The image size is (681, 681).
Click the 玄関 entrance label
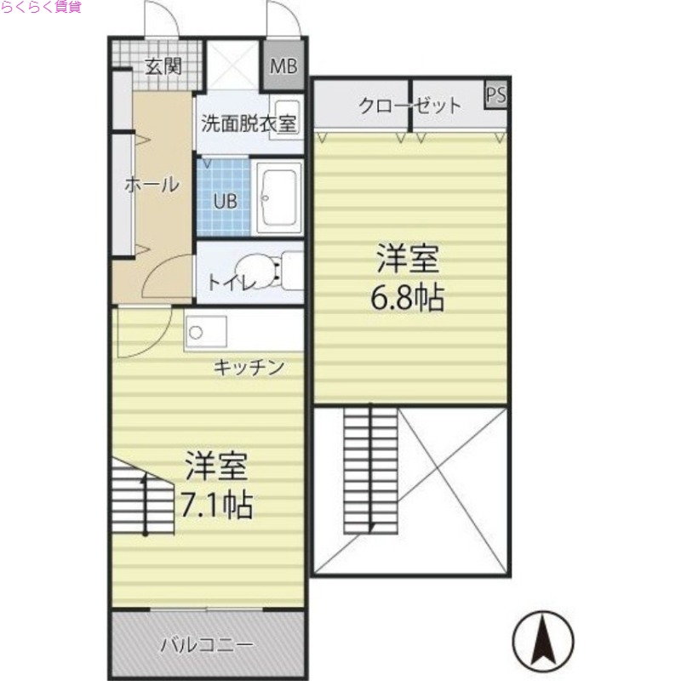162,66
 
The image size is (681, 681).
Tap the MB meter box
283,66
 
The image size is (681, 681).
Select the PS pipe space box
495,94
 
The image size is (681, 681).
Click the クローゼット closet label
409,106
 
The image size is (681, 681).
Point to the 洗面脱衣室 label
248,123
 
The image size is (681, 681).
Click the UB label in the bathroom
225,202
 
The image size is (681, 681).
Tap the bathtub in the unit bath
278,197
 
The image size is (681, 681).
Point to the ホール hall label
152,184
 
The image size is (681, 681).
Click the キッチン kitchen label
248,368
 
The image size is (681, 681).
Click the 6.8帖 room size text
408,298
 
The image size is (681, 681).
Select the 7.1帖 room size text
215,506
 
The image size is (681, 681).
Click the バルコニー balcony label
207,644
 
